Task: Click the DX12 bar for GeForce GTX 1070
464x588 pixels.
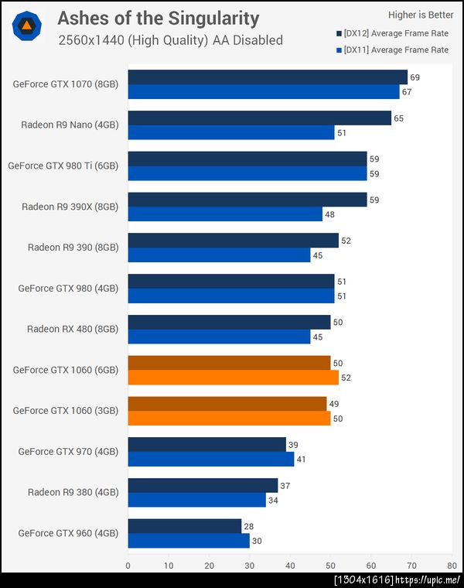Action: (x=268, y=77)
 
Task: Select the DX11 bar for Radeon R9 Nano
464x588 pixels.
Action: (x=231, y=133)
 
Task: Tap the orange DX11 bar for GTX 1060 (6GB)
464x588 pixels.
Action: (x=233, y=378)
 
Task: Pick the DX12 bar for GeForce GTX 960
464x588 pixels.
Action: (x=185, y=526)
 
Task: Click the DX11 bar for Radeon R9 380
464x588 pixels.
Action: (x=196, y=500)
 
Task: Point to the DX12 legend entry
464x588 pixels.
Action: (x=392, y=33)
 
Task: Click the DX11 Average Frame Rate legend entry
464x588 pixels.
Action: (x=392, y=50)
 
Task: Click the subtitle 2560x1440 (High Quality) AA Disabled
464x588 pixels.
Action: (x=170, y=40)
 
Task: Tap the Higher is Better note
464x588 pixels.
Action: (x=421, y=14)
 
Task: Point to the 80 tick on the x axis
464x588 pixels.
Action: (x=452, y=565)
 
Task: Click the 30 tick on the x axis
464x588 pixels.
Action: (x=249, y=565)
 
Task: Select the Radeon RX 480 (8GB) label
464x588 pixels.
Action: (x=73, y=329)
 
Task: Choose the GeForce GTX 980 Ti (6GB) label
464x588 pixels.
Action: (x=63, y=166)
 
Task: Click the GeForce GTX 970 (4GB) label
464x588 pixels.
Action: (x=69, y=451)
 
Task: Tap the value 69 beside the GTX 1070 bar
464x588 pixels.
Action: (x=415, y=78)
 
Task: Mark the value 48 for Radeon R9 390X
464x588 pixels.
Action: (x=329, y=214)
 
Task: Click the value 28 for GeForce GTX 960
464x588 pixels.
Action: (x=248, y=526)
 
